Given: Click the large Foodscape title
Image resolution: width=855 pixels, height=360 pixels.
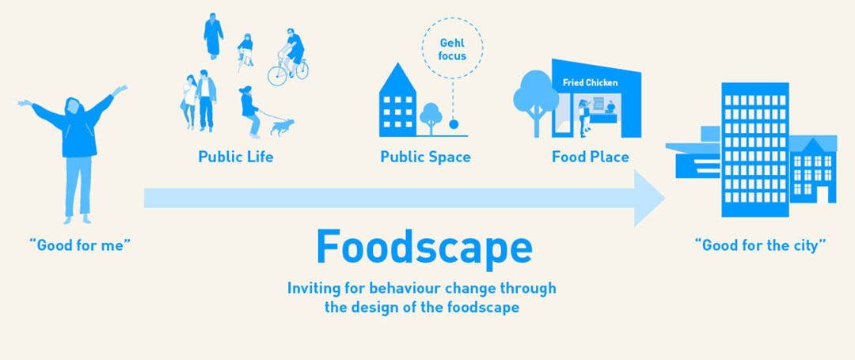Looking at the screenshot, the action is [424, 248].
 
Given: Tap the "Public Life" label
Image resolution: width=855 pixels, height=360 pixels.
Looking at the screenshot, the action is [236, 157].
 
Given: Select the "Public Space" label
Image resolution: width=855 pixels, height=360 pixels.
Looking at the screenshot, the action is [425, 157].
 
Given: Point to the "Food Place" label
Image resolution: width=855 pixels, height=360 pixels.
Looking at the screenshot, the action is [591, 157].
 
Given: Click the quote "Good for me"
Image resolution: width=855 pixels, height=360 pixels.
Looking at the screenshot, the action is [80, 245].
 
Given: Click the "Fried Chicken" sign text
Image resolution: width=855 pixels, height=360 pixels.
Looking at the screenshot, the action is [590, 83].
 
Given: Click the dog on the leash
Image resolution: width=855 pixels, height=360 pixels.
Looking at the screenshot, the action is [281, 127].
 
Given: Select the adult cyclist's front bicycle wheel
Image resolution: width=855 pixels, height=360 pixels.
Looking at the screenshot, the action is [278, 75].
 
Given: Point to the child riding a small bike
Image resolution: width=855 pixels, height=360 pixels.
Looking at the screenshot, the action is [245, 52].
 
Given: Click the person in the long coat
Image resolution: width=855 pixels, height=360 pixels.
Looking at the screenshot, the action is [213, 36].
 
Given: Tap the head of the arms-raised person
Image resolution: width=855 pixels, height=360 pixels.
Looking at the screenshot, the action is [74, 106].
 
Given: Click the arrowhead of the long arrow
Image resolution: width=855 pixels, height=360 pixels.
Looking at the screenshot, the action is [649, 199].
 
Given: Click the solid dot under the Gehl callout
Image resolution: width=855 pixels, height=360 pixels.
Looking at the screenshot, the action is [453, 124].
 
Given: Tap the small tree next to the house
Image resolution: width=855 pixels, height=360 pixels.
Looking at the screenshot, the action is [431, 118].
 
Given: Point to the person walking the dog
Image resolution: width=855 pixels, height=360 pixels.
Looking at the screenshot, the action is [249, 112].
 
